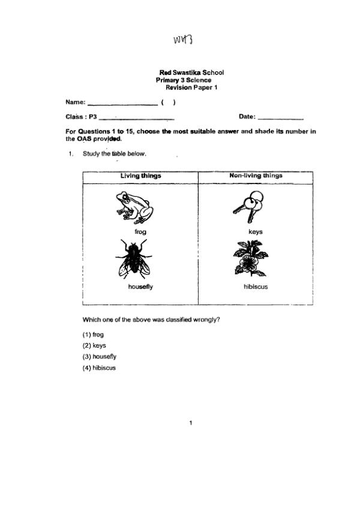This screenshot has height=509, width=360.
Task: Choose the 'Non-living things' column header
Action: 256,176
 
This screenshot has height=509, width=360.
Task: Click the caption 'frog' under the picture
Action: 140,231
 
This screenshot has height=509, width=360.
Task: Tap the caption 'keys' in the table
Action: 255,231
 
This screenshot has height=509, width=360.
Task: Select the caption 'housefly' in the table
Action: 140,287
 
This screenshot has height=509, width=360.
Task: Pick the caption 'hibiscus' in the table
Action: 256,287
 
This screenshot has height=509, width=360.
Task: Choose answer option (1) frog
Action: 93,335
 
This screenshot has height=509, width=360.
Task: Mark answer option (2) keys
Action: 94,345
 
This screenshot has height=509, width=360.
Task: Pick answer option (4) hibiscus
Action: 99,368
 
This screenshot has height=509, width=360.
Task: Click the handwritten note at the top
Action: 182,40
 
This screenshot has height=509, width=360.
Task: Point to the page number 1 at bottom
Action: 191,423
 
